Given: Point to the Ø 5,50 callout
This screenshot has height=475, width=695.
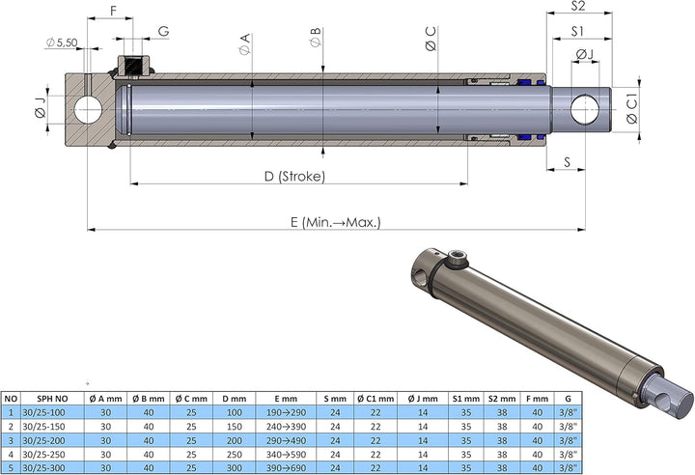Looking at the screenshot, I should point(61,42).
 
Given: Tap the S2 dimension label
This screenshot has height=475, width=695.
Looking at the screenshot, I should point(579,7).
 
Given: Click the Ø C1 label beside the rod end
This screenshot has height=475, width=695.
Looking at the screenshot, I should point(631,109).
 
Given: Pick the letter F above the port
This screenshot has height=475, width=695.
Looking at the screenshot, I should point(113,11).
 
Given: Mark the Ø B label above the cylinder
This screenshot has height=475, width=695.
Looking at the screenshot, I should point(316,42).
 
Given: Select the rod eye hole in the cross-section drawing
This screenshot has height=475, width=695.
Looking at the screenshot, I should point(585,109).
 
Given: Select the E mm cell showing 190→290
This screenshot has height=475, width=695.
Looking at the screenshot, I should point(285,411).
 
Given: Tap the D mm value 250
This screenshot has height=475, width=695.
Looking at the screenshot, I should point(232,453).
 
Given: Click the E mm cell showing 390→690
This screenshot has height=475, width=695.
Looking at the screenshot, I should point(285,466).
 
